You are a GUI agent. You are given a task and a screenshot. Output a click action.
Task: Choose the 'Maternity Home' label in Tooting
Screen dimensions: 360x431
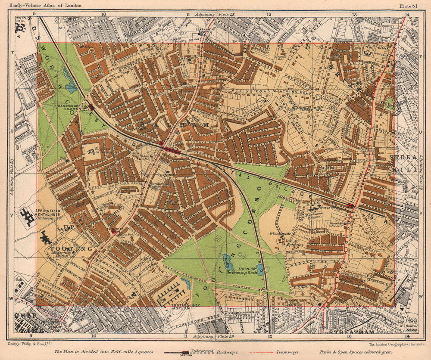click(x=60, y=256)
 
